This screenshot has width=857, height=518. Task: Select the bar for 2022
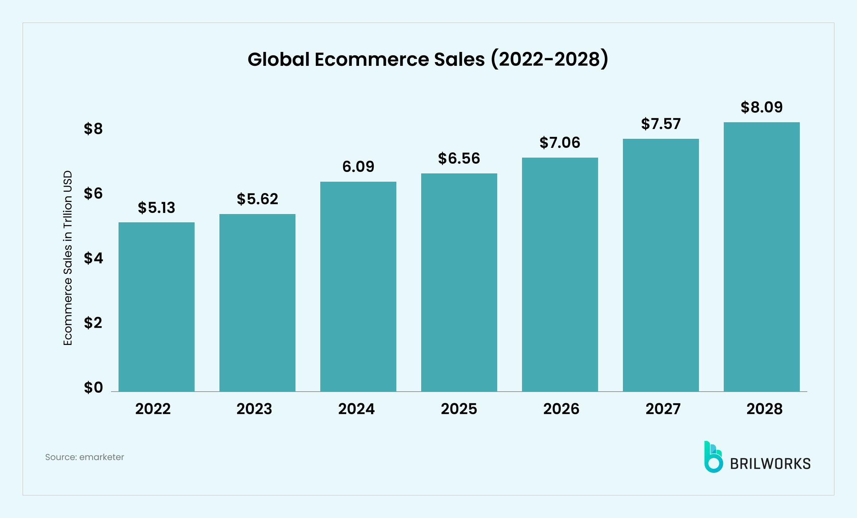click(x=156, y=307)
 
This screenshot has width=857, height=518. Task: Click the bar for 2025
click(x=459, y=282)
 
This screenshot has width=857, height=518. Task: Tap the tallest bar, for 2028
click(x=761, y=257)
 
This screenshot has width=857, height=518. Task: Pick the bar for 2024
click(x=358, y=286)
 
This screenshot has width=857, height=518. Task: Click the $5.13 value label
click(x=156, y=208)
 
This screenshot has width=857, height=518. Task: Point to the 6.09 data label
click(x=358, y=167)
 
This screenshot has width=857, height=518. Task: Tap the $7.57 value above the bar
click(x=661, y=124)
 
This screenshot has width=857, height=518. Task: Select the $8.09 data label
click(x=761, y=107)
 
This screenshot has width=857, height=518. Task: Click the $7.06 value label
click(x=560, y=143)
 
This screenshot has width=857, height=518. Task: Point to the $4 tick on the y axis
click(x=93, y=258)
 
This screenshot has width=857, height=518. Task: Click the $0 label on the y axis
click(x=93, y=387)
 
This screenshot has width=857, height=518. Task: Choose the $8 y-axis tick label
click(x=93, y=129)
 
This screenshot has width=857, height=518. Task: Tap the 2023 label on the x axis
click(x=254, y=409)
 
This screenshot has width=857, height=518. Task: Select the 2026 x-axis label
click(x=561, y=409)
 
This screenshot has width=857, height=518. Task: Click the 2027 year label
click(x=663, y=409)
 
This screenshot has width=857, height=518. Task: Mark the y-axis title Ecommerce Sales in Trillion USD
click(x=68, y=258)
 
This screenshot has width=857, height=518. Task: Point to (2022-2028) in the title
click(x=550, y=59)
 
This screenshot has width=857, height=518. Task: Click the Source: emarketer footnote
click(x=84, y=457)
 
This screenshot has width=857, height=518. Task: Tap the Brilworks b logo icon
click(x=713, y=457)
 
